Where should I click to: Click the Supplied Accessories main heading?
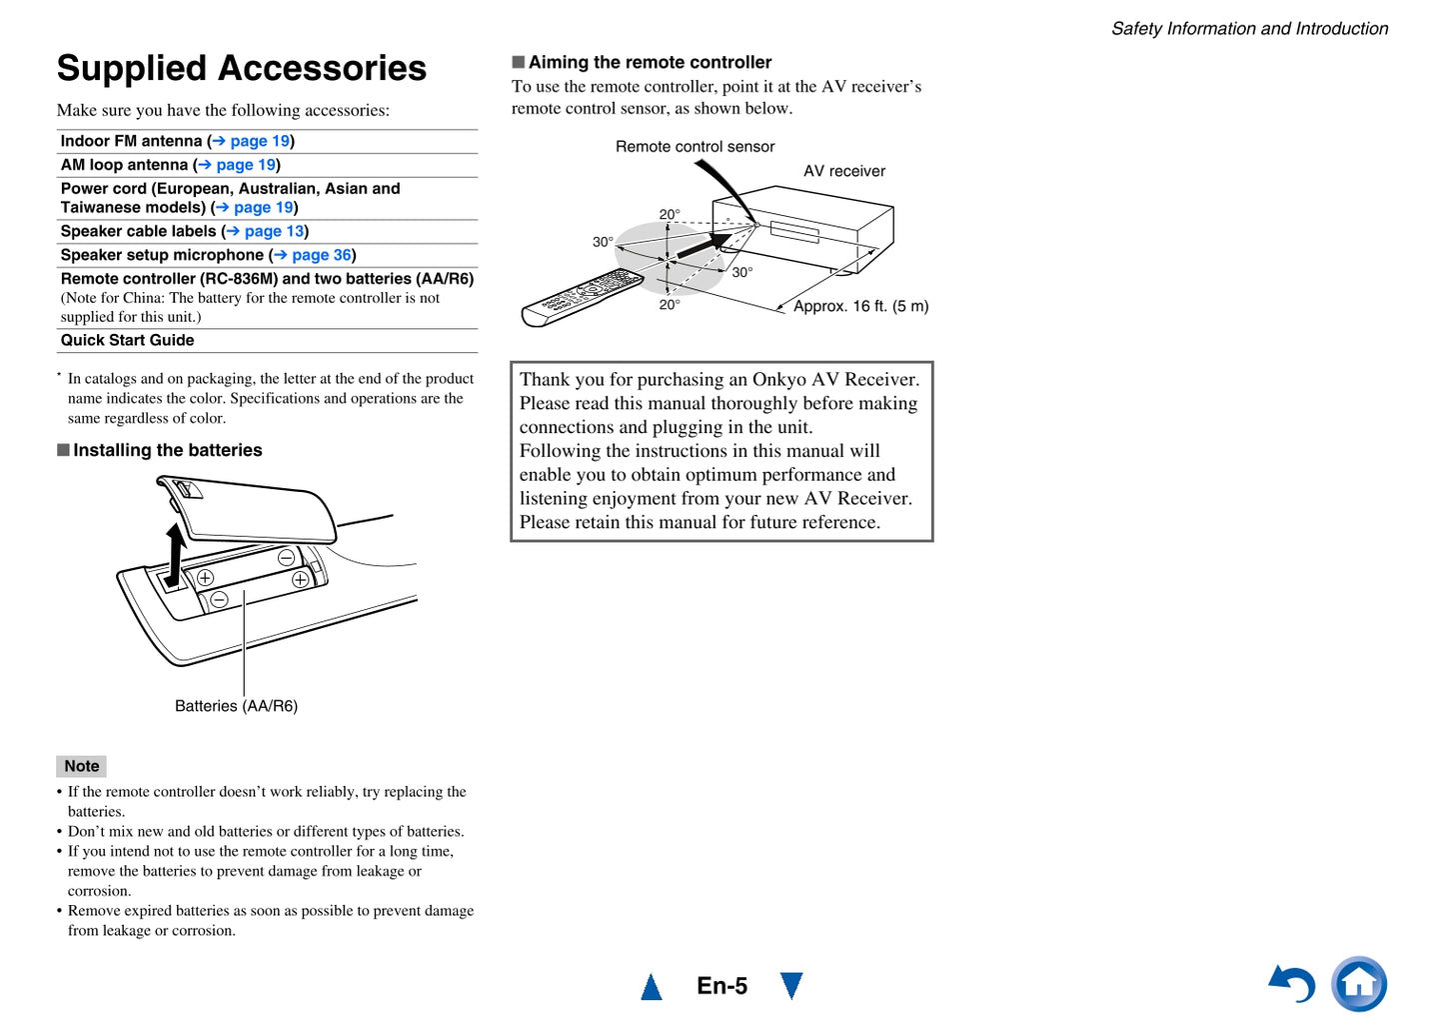point(241,68)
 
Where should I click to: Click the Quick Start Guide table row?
point(128,340)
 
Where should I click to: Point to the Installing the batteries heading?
point(167,450)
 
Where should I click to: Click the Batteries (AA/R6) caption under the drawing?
point(236,706)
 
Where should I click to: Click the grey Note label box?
point(81,766)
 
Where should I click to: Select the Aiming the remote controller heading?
point(650,62)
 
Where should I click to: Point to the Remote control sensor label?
point(695,147)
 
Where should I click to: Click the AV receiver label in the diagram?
point(844,171)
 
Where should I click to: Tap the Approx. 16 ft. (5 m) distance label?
point(860,306)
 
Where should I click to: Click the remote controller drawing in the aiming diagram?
point(582,299)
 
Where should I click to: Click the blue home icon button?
point(1359,984)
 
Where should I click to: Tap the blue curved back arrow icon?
point(1292,984)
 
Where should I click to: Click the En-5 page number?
point(722,986)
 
